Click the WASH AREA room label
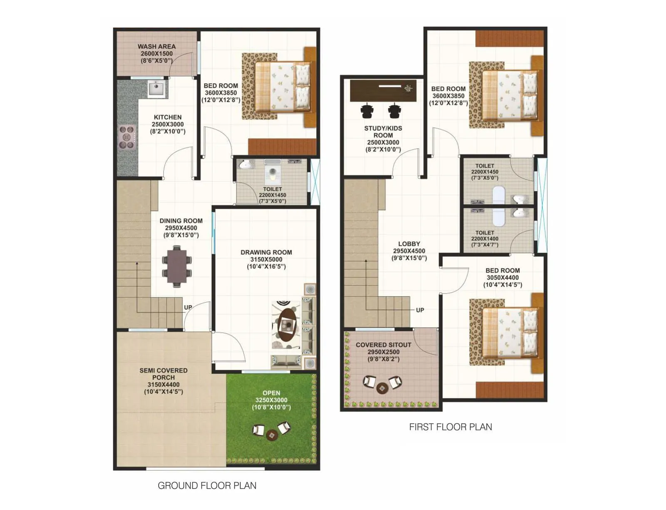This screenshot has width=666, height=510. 157,47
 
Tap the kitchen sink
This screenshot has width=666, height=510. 156,89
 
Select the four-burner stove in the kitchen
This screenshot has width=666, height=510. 127,137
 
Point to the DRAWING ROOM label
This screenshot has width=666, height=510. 266,252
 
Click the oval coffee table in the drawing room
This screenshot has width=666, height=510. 287,324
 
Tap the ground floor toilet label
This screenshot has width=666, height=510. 272,189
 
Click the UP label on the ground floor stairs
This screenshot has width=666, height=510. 188,307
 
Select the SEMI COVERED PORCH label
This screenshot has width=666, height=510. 163,374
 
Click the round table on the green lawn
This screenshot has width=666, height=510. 272,435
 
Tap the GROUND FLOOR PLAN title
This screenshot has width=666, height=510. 207,485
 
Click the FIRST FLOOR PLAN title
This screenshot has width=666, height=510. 450,427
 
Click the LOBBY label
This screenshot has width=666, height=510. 409,244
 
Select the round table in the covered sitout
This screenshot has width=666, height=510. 382,388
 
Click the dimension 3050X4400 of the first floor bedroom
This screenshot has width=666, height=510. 502,278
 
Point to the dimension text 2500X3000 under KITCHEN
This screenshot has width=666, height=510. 167,124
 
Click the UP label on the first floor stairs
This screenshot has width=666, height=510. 420,310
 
